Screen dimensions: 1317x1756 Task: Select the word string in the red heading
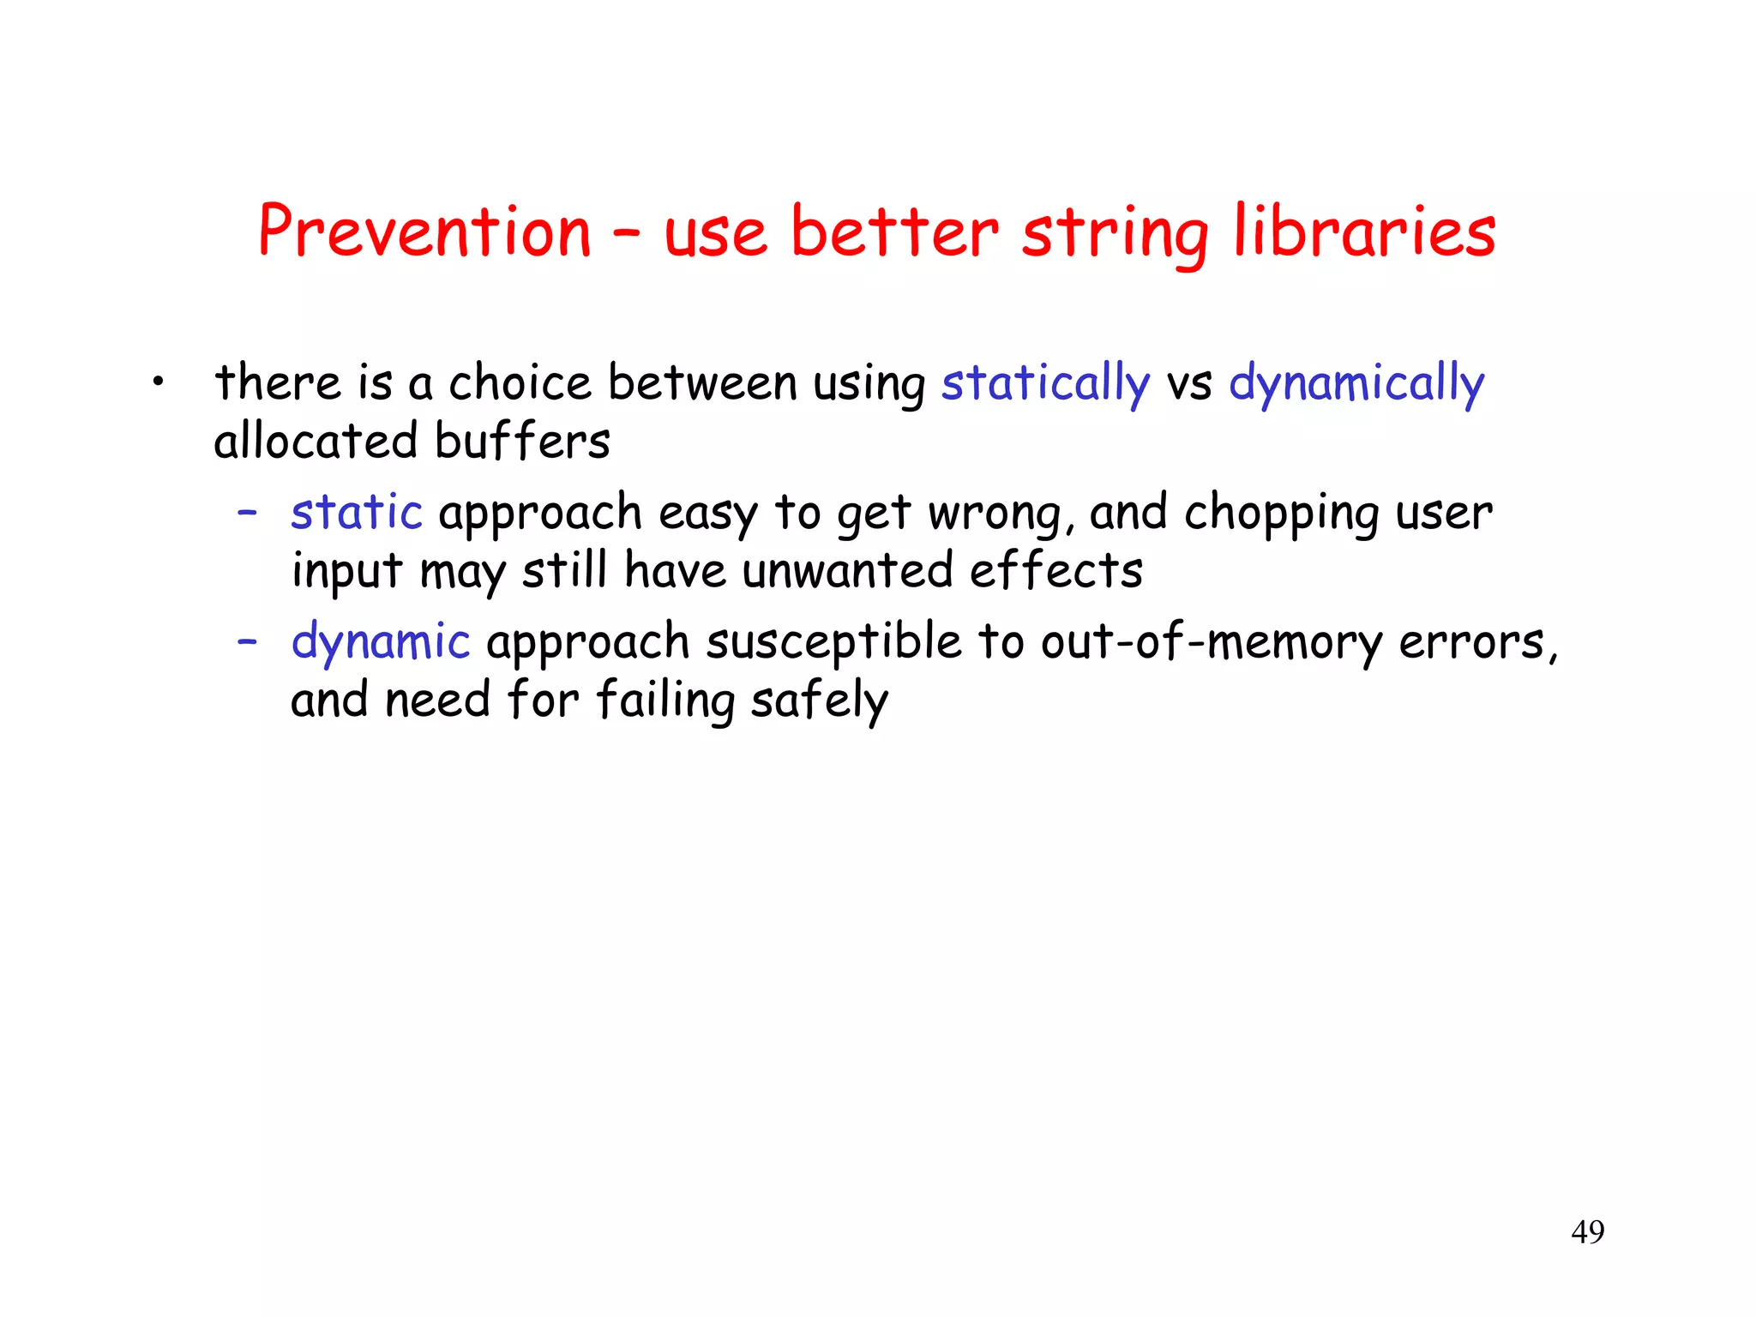[1115, 233]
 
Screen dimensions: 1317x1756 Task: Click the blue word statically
[1045, 383]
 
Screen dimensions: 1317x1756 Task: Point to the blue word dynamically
[1356, 383]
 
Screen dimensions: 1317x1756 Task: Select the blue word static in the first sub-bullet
[357, 513]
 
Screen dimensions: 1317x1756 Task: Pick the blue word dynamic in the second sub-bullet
[381, 642]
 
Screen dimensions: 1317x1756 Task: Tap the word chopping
[1281, 514]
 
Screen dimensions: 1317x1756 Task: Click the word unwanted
[847, 571]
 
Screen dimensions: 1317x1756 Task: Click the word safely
[820, 701]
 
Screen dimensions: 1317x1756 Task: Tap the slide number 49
[1588, 1232]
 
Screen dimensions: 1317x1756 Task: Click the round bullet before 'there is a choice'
[157, 382]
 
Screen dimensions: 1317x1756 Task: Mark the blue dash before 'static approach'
[248, 512]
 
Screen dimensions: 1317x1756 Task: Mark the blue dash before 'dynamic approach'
[248, 641]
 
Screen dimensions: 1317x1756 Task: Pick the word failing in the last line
[665, 701]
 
